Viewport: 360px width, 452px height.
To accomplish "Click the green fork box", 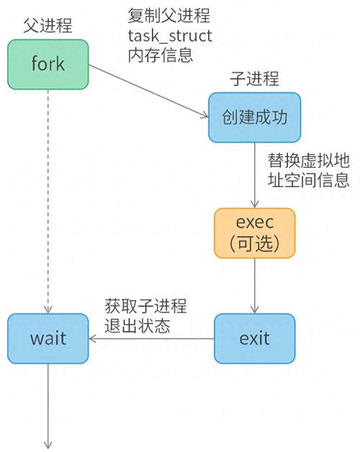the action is coord(48,64).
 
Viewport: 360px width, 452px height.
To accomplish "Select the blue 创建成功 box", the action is coord(254,117).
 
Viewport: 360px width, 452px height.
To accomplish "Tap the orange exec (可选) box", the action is coord(254,233).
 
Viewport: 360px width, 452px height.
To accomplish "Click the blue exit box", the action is coord(254,338).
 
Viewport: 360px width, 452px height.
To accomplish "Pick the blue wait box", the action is coord(48,338).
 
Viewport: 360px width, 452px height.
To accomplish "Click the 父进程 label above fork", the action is coord(48,26).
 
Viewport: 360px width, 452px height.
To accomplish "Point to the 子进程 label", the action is coord(254,78).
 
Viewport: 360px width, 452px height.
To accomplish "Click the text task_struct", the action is coord(170,36).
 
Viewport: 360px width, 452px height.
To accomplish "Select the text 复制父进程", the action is coord(168,16).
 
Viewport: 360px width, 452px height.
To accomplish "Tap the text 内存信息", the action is coord(161,55).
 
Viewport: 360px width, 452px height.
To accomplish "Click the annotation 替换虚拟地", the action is coord(309,161).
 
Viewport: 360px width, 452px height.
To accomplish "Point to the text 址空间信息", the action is coord(309,180).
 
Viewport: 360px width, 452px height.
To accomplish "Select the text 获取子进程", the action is coord(145,306).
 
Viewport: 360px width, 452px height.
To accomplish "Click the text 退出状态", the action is coord(138,326).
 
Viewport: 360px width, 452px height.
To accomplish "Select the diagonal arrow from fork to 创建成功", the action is coord(148,91).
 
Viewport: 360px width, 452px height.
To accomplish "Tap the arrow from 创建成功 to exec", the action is coord(254,175).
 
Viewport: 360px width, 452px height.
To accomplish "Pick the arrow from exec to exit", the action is coord(254,286).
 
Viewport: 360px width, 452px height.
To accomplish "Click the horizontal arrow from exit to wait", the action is coord(151,338).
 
